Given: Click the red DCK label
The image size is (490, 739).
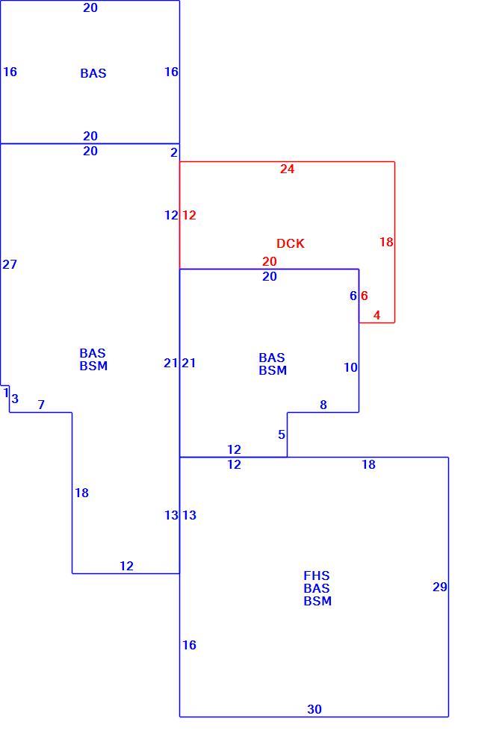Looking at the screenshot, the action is [x=291, y=243].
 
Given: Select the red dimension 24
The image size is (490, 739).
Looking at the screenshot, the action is [x=288, y=169].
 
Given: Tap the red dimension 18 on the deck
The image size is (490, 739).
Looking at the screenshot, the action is [x=386, y=242].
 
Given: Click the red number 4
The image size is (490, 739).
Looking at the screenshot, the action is [x=376, y=315].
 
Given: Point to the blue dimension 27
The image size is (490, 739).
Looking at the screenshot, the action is [x=10, y=264].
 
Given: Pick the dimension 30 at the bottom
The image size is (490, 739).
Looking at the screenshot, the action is [x=314, y=709].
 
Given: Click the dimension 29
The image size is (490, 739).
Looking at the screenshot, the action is [x=440, y=587].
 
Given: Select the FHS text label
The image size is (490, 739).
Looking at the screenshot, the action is [x=317, y=576].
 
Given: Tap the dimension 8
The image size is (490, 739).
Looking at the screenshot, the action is [x=323, y=405].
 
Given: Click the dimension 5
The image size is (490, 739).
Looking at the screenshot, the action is [x=282, y=434].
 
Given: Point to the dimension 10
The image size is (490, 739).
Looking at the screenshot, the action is [x=350, y=367].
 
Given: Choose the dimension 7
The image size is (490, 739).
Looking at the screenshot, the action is [x=41, y=405].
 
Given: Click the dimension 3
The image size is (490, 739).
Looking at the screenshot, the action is [x=15, y=399].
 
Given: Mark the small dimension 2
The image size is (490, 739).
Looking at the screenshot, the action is [x=174, y=152].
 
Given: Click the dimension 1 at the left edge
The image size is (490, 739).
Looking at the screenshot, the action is [x=6, y=392].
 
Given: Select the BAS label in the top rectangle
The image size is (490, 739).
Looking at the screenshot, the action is [x=93, y=73].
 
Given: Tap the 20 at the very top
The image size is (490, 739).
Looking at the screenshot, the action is [x=90, y=7].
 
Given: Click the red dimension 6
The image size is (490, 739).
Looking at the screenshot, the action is [x=364, y=296].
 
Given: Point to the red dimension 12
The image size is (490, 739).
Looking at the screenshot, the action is [x=189, y=215].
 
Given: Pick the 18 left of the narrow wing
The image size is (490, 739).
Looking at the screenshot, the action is [x=81, y=493].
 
